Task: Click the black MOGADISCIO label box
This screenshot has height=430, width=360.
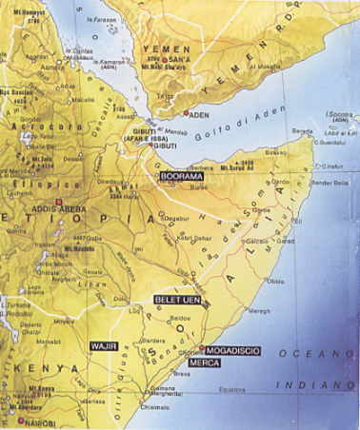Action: [x=233, y=350]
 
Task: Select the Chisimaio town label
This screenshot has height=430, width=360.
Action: [x=144, y=405]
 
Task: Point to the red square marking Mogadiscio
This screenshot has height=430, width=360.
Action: [x=202, y=349]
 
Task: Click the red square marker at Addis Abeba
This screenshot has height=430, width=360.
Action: [x=59, y=202]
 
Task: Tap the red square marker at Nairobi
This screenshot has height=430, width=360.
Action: [x=19, y=419]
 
